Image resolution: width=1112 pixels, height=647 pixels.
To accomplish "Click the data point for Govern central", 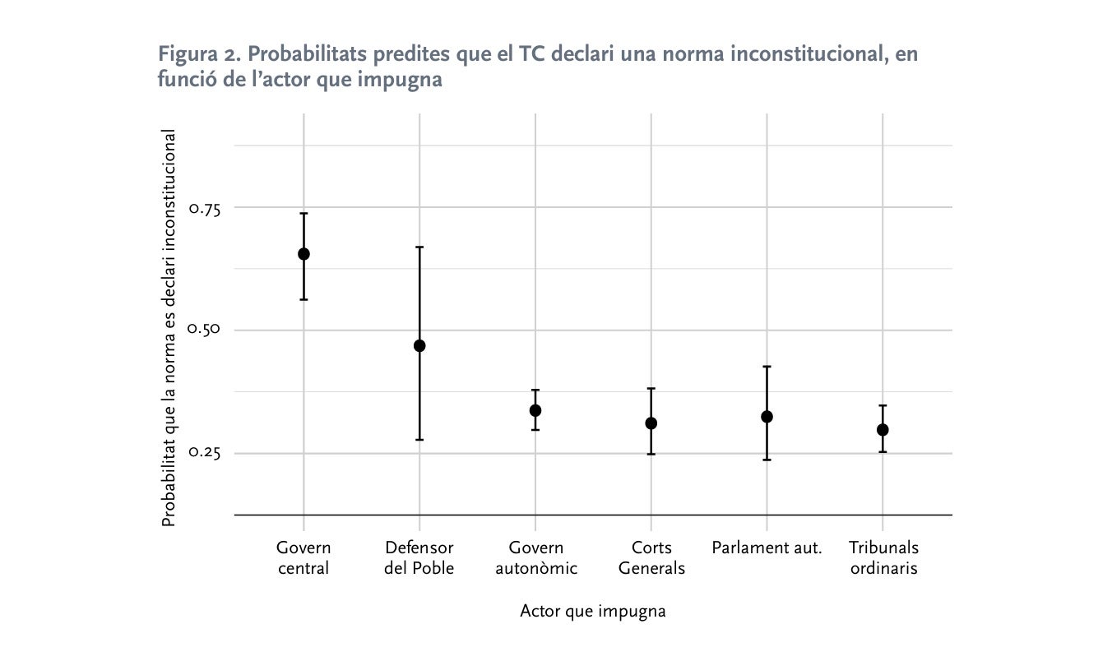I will (303, 254).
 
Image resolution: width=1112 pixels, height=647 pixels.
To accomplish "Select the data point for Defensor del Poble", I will (419, 346).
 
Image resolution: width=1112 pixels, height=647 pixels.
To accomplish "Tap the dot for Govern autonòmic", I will (535, 410).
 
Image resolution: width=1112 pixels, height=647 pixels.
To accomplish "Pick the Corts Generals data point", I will (651, 423).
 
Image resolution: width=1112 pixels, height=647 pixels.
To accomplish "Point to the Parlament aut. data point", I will (767, 417).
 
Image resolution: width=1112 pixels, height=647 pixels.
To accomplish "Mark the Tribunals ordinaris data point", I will (883, 430).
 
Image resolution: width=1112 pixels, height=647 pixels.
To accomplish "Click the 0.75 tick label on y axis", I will (205, 208).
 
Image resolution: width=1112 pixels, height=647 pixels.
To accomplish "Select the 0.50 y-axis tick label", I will (205, 330).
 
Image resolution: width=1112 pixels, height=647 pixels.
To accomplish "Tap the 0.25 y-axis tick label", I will (205, 453).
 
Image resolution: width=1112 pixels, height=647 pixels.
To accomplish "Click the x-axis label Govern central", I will (303, 557).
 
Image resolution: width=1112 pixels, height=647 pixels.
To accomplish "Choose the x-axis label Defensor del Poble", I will (419, 557).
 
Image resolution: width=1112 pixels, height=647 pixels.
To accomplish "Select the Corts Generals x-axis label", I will (651, 557).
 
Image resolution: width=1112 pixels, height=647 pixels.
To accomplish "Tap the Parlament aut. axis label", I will (767, 548).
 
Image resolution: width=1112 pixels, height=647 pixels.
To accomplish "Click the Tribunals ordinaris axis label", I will (883, 557).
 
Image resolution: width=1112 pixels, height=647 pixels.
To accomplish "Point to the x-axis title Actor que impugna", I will (593, 612).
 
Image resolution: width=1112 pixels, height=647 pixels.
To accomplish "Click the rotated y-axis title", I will (169, 327).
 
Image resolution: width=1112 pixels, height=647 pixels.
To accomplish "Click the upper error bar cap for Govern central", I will (303, 214).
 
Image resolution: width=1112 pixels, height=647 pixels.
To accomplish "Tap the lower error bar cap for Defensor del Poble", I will (419, 440).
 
